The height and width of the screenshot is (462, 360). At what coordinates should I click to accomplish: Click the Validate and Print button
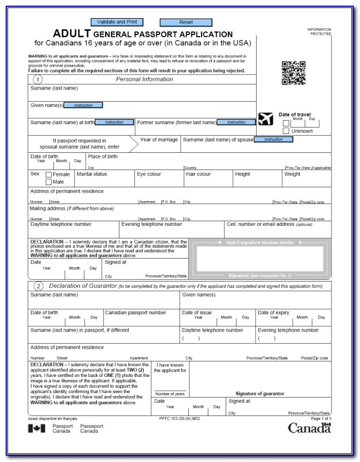point(117,22)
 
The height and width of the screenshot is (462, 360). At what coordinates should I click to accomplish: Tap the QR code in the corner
point(293,72)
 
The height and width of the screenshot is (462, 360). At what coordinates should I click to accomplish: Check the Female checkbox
point(49,174)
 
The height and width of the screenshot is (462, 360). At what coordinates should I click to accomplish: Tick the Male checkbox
point(49,182)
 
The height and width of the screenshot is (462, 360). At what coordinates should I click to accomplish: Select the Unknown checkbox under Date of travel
point(286,131)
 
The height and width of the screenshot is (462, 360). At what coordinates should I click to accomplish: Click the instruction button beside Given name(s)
point(83,105)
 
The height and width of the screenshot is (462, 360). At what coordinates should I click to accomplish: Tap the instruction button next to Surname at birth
point(114,122)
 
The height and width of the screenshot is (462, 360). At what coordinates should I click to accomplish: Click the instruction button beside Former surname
point(236,122)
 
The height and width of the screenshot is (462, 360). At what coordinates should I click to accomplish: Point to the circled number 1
point(38,79)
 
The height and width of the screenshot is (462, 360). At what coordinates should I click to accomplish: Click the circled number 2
point(38,286)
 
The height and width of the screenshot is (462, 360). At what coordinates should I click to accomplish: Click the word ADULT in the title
point(72,34)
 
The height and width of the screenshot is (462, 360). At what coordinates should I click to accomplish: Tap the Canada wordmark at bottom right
point(309,428)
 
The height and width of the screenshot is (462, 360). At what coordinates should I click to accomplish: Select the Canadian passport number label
point(135,313)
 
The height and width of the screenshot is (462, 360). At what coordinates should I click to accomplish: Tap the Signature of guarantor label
point(260,394)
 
